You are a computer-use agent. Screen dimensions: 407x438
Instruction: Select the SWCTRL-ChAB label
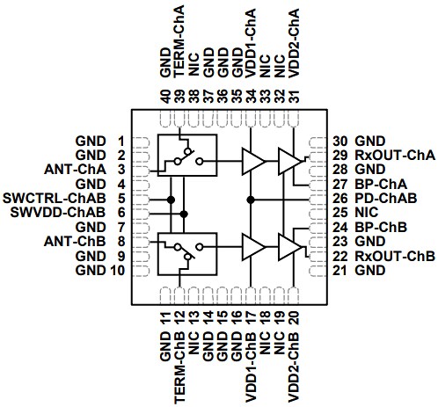pyautogui.click(x=55, y=199)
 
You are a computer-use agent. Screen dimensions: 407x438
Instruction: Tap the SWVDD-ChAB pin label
pyautogui.click(x=57, y=213)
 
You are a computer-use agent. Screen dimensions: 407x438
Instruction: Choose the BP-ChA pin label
pyautogui.click(x=381, y=184)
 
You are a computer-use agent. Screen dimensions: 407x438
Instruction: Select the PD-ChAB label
pyautogui.click(x=386, y=199)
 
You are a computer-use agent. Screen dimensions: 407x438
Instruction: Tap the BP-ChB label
pyautogui.click(x=381, y=227)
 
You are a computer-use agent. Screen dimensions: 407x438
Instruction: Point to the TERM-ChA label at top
pyautogui.click(x=179, y=42)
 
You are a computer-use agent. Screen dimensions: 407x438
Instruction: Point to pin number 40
pyautogui.click(x=164, y=95)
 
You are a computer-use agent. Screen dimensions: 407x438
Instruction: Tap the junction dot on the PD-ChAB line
pyautogui.click(x=251, y=200)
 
